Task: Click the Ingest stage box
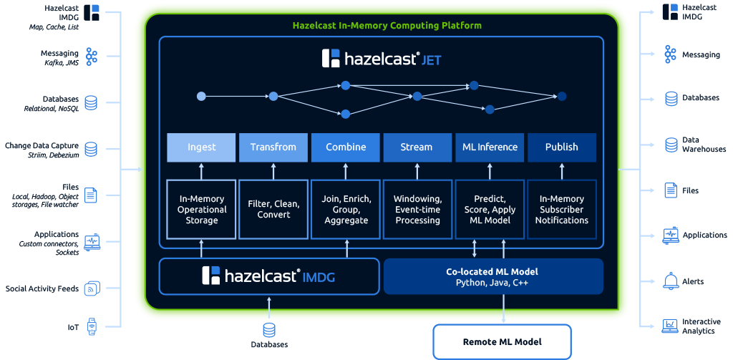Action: coord(201,147)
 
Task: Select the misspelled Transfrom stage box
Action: coord(273,147)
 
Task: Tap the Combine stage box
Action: coord(346,147)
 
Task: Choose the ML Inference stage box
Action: coord(490,147)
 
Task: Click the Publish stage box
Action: coord(562,147)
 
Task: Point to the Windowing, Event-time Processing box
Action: coord(417,209)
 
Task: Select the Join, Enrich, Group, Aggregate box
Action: coord(346,209)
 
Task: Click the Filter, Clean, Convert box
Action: coord(273,209)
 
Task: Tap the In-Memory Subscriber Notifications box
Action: coord(562,209)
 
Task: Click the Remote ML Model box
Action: coord(502,341)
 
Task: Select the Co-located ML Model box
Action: coord(493,277)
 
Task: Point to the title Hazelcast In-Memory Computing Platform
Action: coord(387,26)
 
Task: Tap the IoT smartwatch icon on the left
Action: coord(92,327)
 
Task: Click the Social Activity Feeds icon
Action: coord(92,288)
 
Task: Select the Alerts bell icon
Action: coord(670,281)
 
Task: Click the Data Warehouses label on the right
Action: coord(704,145)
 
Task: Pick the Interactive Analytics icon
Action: coord(670,326)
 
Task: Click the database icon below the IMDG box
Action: coord(269,329)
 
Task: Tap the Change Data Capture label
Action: coord(42,145)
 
